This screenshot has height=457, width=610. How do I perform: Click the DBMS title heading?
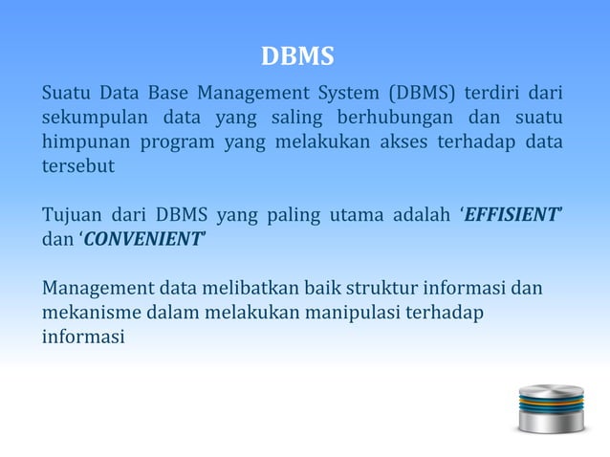pos(298,58)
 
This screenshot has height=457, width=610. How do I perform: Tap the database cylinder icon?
pos(550,407)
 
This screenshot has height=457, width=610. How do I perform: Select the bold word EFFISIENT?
pos(511,214)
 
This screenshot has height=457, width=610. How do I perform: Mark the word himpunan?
pos(84,142)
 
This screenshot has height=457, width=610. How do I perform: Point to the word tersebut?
pos(76,166)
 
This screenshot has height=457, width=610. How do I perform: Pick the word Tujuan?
pos(70,214)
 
